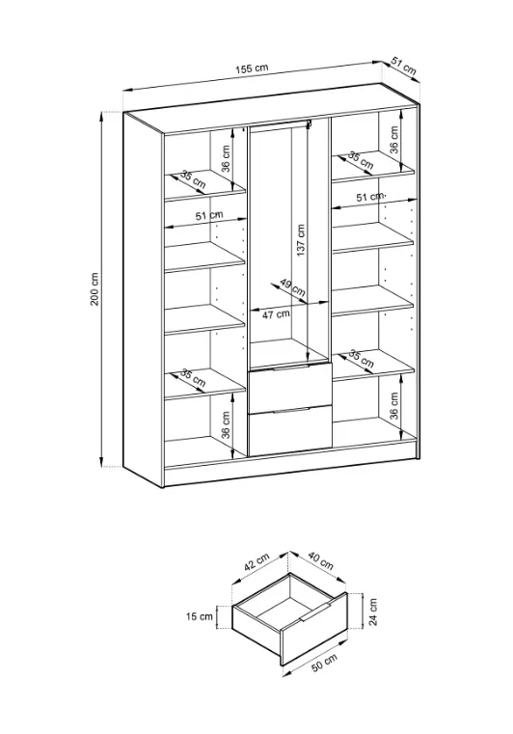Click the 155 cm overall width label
(252, 68)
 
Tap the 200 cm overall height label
(94, 288)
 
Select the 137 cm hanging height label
(301, 240)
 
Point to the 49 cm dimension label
(292, 287)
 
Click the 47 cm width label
(276, 314)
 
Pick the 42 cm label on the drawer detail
(256, 561)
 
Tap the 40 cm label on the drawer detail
(320, 560)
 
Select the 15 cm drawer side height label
(199, 616)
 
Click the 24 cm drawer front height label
(372, 612)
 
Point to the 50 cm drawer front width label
(324, 663)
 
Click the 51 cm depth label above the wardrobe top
(403, 67)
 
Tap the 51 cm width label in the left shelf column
(209, 216)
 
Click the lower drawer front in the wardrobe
(289, 431)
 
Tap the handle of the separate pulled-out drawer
(317, 612)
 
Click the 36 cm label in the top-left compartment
(226, 159)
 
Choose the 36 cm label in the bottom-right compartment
(393, 405)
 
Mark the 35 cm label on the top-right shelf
(361, 160)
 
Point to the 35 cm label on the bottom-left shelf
(193, 378)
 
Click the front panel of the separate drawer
(314, 629)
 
